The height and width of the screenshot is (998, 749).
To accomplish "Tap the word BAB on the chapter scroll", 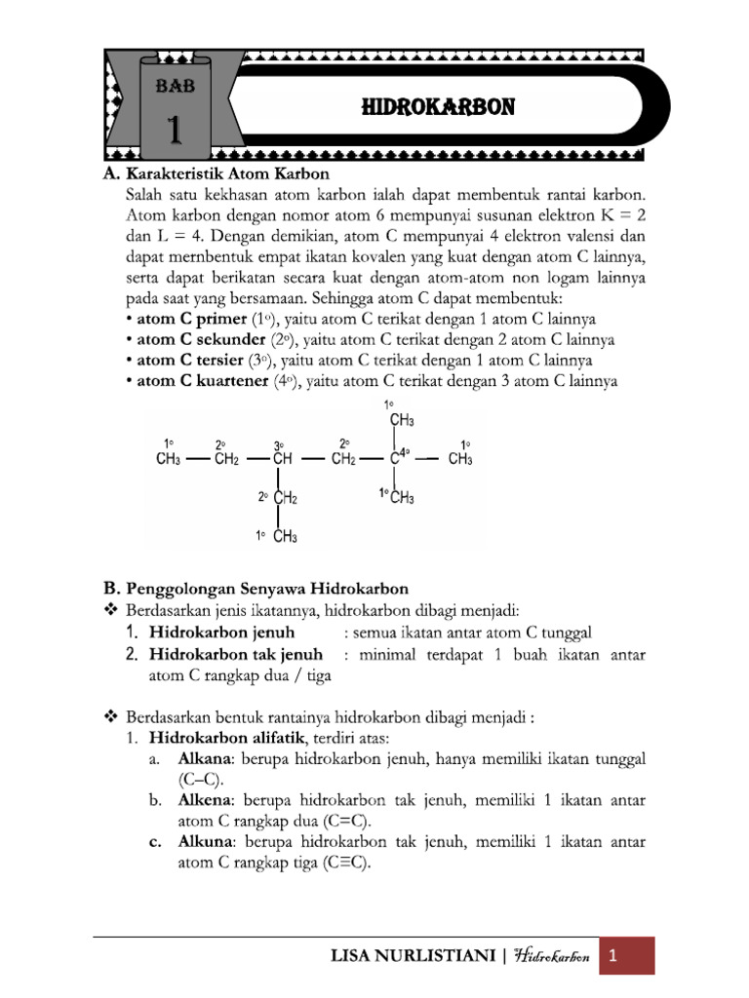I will click(176, 86).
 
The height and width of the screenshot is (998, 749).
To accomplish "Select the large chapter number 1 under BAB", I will click(175, 129).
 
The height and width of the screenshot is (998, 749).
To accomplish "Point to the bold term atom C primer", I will click(185, 320).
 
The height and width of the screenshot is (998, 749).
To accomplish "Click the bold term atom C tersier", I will click(188, 361).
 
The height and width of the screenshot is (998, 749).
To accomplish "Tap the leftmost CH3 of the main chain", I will click(169, 460).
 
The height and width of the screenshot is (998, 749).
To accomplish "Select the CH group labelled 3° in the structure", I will click(282, 460).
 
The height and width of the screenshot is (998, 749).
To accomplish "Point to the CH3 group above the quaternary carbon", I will click(402, 421).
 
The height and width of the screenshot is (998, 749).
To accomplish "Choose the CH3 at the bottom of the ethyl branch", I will click(286, 536).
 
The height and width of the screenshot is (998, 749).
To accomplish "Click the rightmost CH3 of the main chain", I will click(460, 460).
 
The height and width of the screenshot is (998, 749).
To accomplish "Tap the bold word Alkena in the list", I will click(202, 799).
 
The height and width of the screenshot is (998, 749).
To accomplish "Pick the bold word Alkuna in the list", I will click(203, 841).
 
